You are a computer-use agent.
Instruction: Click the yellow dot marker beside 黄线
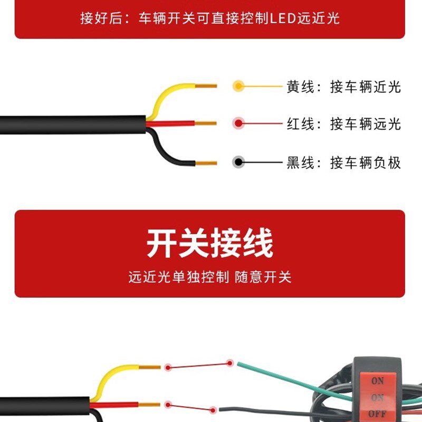tap(238, 86)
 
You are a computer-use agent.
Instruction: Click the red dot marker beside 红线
tap(238, 124)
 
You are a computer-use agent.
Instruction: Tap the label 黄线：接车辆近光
tap(343, 87)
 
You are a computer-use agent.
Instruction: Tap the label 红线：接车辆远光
tap(343, 124)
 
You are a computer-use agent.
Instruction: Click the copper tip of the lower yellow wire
tap(149, 367)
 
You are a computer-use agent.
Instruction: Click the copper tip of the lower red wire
tap(149, 405)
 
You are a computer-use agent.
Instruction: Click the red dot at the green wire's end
tap(230, 363)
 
